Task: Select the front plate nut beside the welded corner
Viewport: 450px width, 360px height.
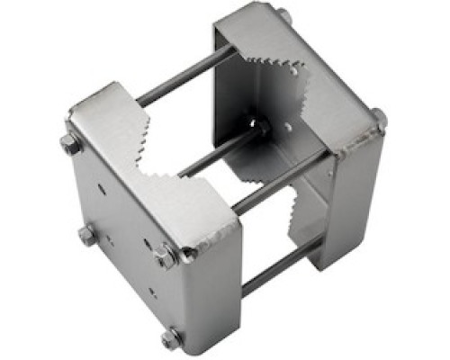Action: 166,256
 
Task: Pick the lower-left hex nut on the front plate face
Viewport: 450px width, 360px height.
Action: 86,236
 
